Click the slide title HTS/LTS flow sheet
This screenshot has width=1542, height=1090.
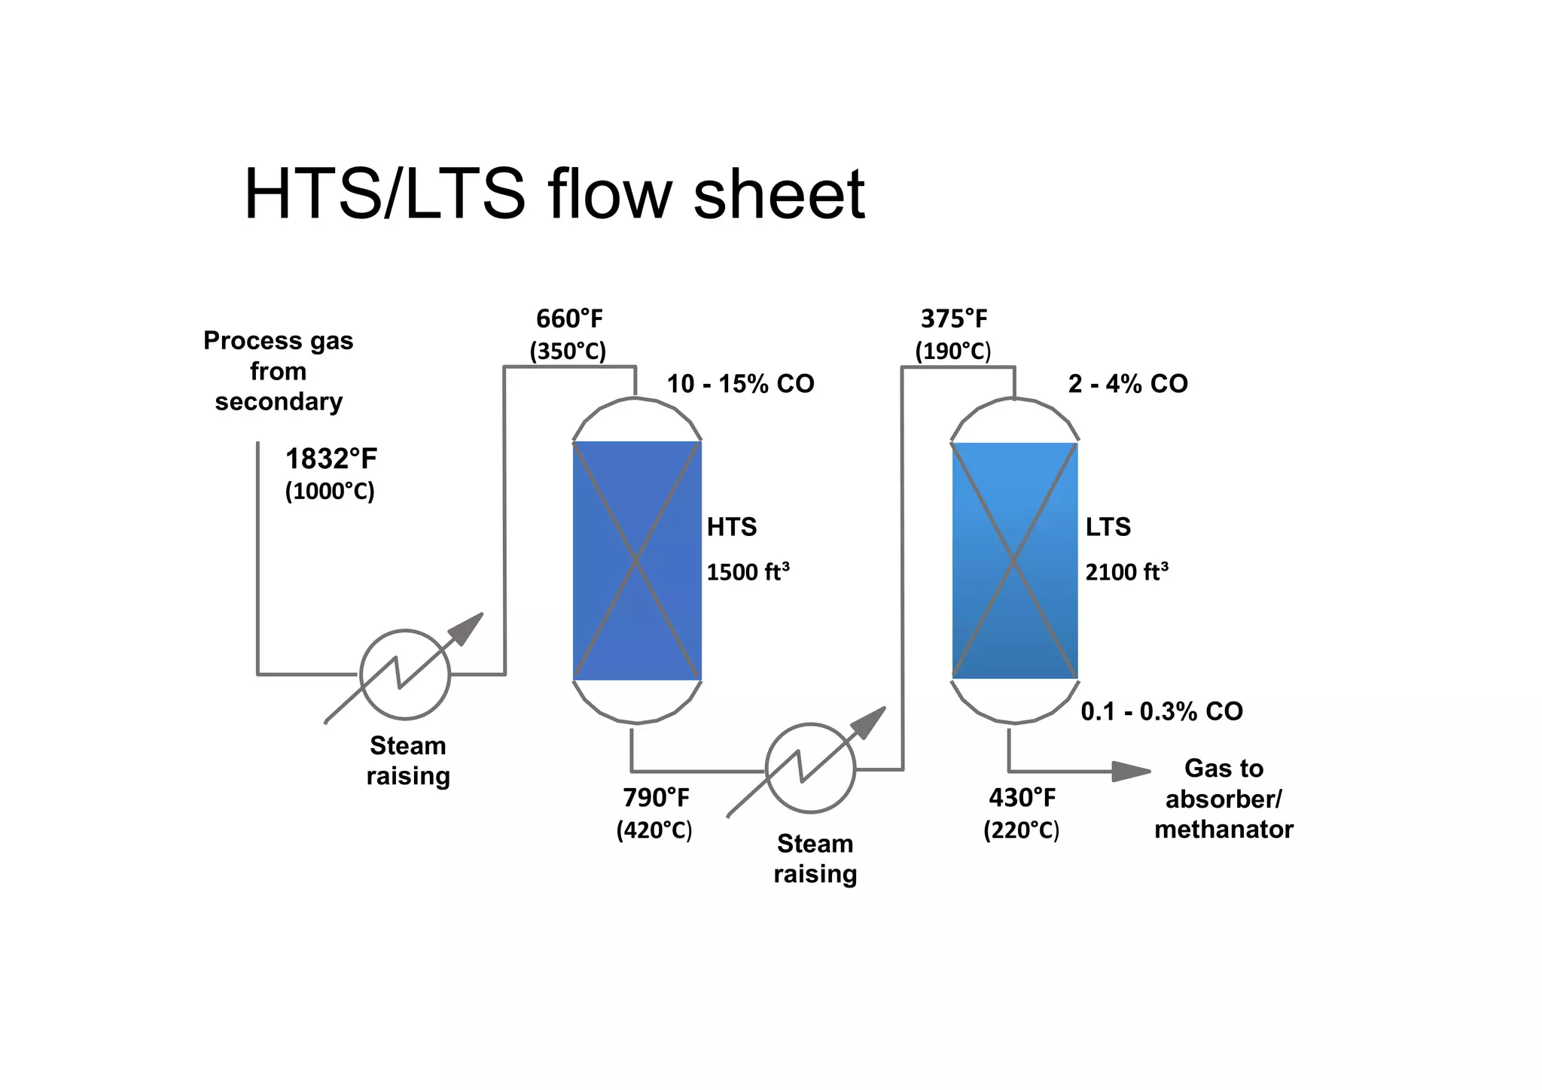554,194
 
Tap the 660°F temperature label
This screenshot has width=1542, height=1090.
569,319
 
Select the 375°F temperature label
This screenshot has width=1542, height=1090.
953,319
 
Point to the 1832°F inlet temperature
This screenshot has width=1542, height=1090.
331,458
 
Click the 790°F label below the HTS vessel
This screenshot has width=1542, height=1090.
656,797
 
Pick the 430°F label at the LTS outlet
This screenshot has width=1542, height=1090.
1022,797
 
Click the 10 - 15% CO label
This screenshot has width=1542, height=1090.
740,384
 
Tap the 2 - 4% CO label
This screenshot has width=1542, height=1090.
1127,384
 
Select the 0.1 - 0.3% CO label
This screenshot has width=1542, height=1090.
1161,711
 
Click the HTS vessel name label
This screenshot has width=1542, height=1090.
731,527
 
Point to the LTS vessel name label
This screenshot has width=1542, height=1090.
1108,527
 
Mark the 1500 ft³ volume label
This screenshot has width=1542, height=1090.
748,572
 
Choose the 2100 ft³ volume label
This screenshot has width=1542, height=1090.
1126,572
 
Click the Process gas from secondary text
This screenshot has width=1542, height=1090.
279,371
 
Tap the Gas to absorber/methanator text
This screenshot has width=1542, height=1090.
1224,799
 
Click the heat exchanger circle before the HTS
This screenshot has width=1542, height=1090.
405,674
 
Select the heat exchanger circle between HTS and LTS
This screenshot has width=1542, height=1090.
810,769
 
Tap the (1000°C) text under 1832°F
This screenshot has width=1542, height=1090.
330,492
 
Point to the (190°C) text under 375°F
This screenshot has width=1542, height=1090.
952,352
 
